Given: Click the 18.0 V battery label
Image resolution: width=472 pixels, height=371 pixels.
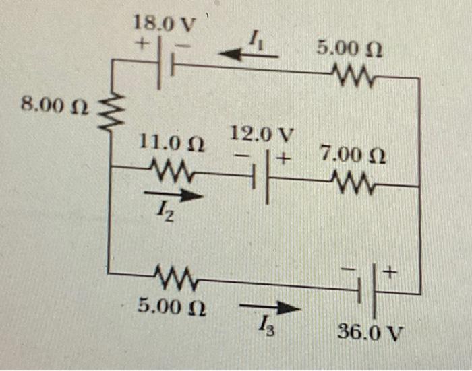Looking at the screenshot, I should tap(165, 24).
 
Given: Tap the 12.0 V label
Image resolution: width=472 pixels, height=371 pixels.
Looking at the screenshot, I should tap(262, 133).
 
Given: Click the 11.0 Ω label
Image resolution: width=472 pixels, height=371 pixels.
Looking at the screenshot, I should tap(172, 143).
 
